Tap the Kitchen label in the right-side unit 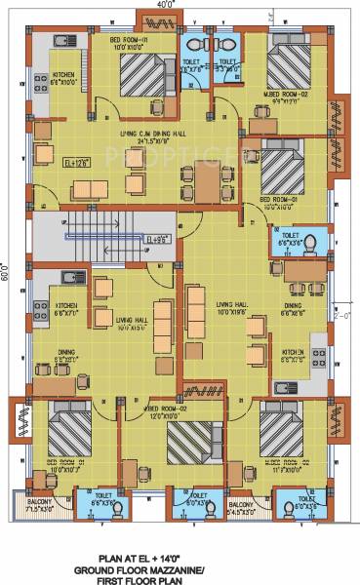[294, 353]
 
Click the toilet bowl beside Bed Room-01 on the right [311, 241]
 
